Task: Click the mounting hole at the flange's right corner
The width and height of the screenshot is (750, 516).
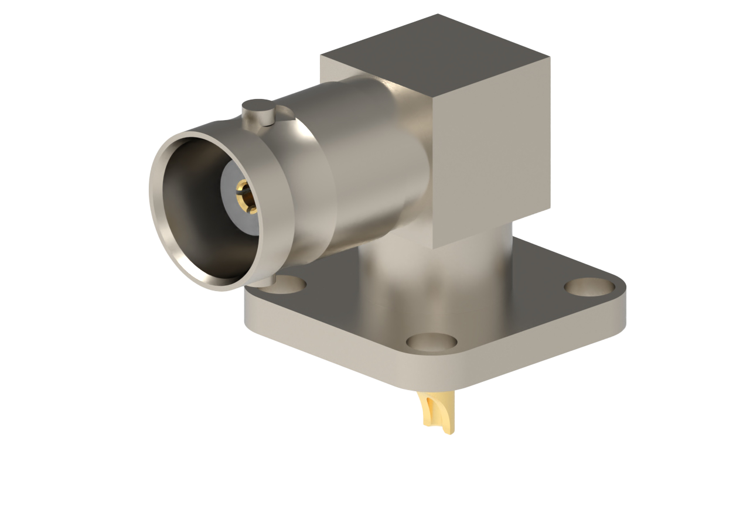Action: (589, 286)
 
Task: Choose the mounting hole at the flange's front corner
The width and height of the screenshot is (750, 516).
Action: (432, 341)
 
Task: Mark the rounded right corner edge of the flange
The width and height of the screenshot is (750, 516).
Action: (622, 305)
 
